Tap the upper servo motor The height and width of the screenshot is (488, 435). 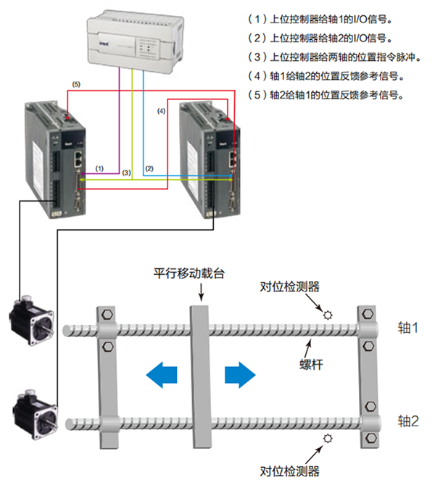(28, 323)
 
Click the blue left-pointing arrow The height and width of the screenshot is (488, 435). (162, 375)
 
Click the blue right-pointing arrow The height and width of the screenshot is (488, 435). (240, 375)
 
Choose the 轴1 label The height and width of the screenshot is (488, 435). (408, 328)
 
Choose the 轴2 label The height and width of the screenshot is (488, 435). (408, 421)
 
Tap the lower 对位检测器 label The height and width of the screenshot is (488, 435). (290, 471)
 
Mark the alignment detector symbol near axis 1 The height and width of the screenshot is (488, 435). (328, 315)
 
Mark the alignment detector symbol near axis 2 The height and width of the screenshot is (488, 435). (328, 438)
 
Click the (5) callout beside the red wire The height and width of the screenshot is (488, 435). (76, 85)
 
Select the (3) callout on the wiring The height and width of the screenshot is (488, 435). (126, 173)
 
